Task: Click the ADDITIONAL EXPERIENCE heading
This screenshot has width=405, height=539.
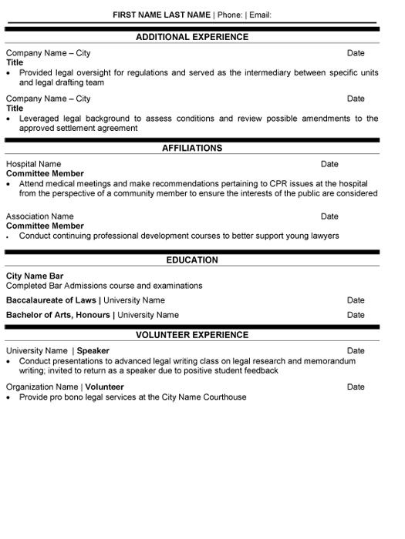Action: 192,36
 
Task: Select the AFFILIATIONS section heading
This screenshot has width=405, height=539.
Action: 192,148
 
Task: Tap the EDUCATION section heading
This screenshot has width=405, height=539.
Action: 192,260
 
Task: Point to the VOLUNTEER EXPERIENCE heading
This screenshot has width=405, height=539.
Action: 192,335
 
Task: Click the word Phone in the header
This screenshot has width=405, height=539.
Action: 228,15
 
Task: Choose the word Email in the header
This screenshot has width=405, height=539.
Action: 260,15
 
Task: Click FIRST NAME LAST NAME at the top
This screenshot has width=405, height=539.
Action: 161,15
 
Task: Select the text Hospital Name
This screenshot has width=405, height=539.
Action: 33,164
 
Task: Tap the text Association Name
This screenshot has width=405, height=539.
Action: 40,216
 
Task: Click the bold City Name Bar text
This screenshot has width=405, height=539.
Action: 35,276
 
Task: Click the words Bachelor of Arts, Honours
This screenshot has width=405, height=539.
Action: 59,315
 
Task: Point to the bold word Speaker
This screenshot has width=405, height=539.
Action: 93,351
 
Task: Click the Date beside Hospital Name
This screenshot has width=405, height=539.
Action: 329,164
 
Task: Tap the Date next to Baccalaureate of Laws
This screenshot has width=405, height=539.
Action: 356,300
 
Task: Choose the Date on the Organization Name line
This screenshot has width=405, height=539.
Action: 356,387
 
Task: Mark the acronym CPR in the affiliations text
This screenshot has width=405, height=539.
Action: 279,184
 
